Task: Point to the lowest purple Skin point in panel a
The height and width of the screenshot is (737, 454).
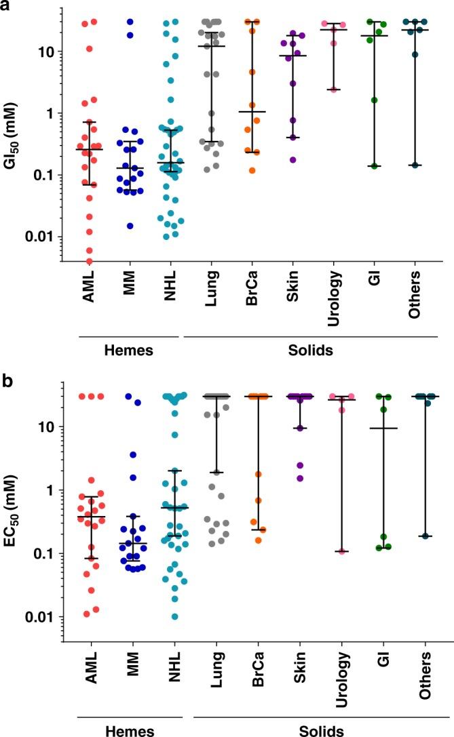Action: coord(294,160)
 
